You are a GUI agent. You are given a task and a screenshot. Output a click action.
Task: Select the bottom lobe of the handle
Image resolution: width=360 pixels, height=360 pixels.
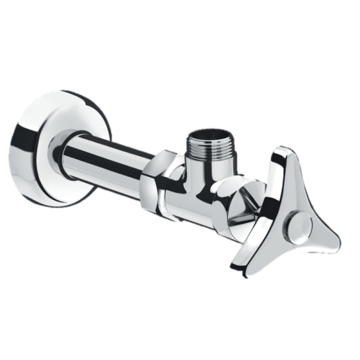tap(245, 254)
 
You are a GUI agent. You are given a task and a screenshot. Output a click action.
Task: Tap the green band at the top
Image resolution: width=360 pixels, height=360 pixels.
tap(180, 30)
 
